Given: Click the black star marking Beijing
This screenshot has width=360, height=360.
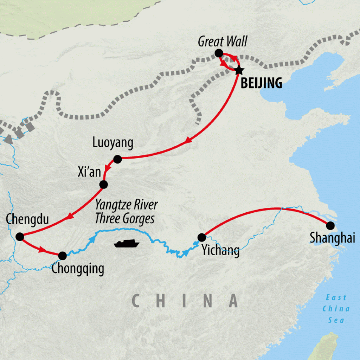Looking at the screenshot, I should [x=239, y=70].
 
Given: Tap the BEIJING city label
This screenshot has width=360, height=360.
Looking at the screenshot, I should [x=262, y=83].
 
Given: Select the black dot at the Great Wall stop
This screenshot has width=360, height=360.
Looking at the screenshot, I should [x=219, y=53].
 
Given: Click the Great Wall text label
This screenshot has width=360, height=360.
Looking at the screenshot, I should [x=223, y=41].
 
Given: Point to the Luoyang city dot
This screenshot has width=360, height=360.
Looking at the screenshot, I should [x=117, y=159].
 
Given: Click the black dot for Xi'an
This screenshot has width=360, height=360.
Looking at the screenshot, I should [x=103, y=184].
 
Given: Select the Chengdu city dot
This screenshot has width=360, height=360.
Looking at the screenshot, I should [x=20, y=237].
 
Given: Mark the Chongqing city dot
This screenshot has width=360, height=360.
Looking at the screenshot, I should [x=62, y=255].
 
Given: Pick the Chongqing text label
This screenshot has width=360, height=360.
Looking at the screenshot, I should [x=78, y=269].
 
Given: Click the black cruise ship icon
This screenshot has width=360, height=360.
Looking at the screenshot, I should [x=127, y=244].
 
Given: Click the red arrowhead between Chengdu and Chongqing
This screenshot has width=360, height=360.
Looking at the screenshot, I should [x=42, y=250].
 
